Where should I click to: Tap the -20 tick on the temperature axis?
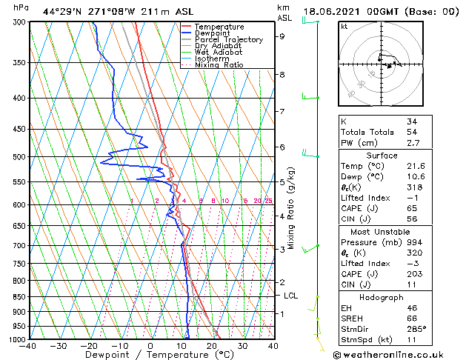point(89,345)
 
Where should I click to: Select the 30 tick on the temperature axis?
point(242,345)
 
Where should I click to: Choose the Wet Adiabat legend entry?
point(218,52)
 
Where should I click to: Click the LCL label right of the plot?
point(291,296)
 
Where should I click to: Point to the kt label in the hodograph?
point(344,27)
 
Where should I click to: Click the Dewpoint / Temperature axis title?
point(150,356)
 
